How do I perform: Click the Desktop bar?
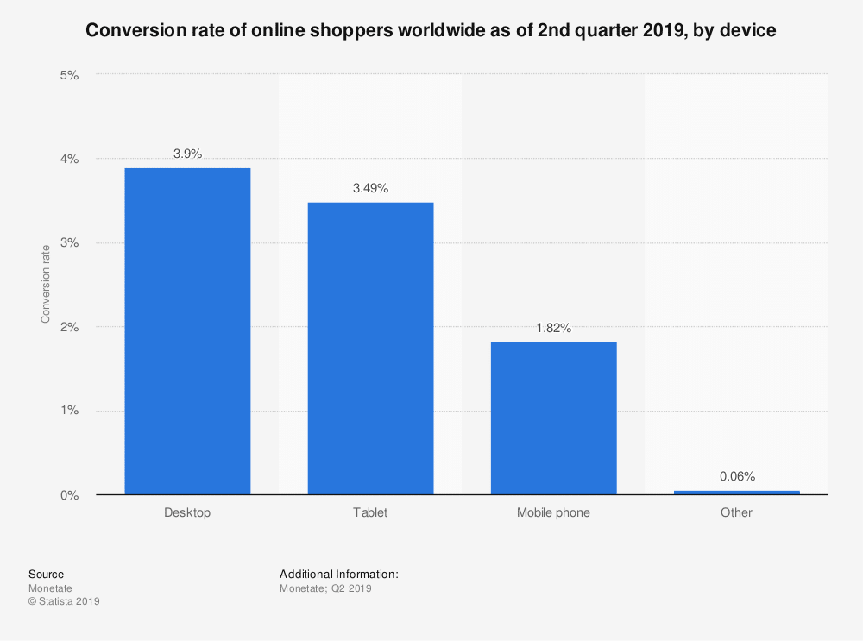point(187,331)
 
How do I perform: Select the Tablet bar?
point(370,349)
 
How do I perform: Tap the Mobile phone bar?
point(553,418)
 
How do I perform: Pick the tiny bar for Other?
point(736,493)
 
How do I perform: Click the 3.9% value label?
point(187,154)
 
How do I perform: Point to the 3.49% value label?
point(370,188)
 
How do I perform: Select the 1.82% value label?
point(553,328)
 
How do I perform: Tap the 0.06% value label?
point(736,476)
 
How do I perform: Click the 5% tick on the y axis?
point(69,75)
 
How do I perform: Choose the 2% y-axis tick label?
point(69,327)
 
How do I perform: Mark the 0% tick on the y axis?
point(69,495)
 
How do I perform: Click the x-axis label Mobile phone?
point(553,512)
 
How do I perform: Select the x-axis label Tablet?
point(370,512)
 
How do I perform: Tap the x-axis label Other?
point(736,512)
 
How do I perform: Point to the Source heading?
point(46,574)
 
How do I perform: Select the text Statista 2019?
point(68,602)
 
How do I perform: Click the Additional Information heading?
point(338,574)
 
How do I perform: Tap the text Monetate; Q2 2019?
point(325,588)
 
